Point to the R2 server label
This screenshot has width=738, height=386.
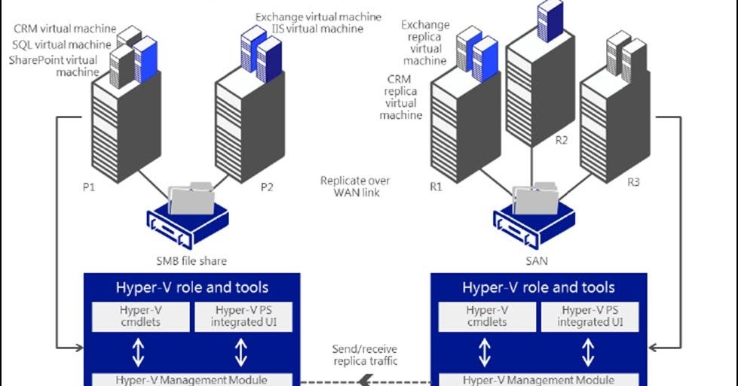(x=561, y=140)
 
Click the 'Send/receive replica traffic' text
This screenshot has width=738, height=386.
(x=365, y=355)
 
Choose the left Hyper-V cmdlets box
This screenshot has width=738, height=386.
(x=137, y=316)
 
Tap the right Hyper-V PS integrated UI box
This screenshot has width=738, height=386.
(x=590, y=316)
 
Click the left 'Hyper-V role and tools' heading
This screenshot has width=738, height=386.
(x=191, y=287)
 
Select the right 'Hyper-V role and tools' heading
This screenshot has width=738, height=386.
(x=539, y=287)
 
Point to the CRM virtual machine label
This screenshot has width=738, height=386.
(x=65, y=29)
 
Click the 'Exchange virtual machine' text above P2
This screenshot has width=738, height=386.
(x=318, y=17)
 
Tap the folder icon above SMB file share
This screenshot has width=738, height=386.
(x=191, y=198)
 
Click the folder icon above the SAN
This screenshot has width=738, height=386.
(x=536, y=198)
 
